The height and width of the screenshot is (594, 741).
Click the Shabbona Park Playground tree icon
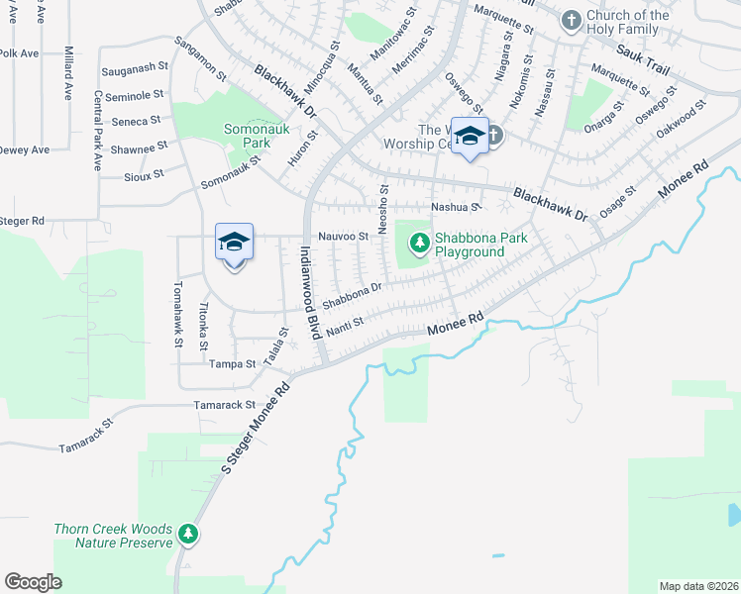pos(419,241)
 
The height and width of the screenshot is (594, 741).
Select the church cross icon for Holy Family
pos(571,20)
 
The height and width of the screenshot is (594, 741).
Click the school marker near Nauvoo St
pos(235,242)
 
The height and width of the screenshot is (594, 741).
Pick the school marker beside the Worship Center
pos(470,136)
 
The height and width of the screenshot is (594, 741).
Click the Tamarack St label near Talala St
pos(225,405)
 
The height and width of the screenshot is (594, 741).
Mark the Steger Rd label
pos(23,221)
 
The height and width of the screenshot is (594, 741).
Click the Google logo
pos(33,581)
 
